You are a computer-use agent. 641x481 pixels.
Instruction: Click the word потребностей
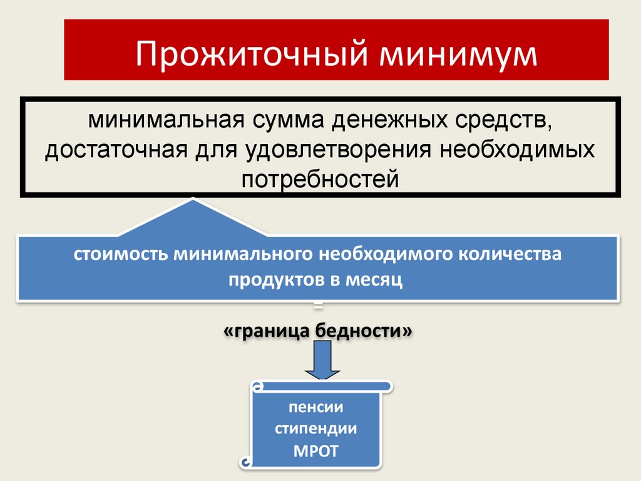coord(320,180)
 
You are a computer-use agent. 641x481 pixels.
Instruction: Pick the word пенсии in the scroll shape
coord(315,408)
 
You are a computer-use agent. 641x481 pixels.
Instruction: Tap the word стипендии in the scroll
coord(315,429)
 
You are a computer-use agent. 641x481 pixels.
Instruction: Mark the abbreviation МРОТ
coord(315,450)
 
